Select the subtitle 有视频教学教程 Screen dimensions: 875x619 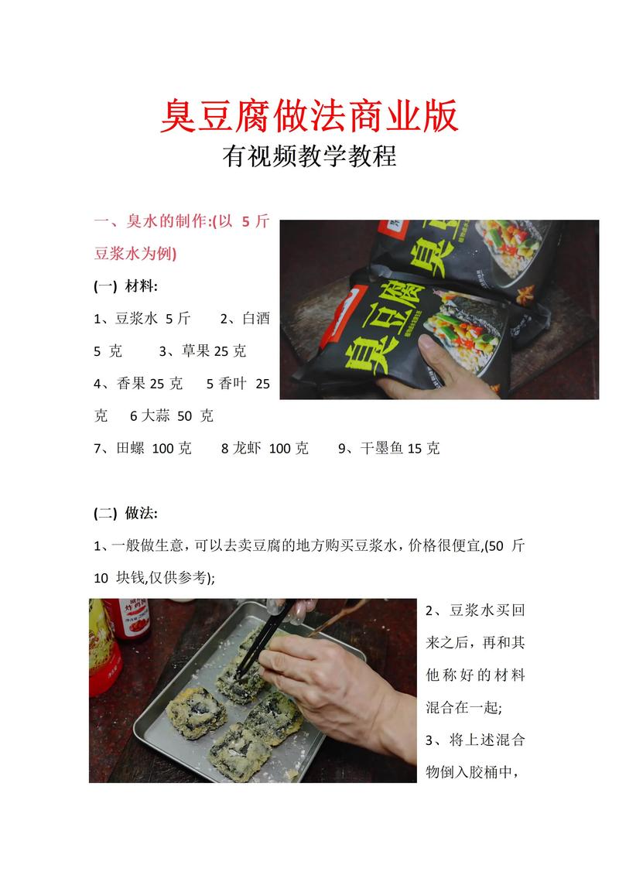(309, 157)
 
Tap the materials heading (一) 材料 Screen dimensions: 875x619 (125, 286)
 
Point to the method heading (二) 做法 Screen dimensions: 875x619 (125, 513)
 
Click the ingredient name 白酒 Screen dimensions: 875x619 (255, 318)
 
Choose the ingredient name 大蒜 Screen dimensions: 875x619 (155, 415)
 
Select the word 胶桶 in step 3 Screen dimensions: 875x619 (484, 772)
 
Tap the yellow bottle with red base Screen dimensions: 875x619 (103, 650)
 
